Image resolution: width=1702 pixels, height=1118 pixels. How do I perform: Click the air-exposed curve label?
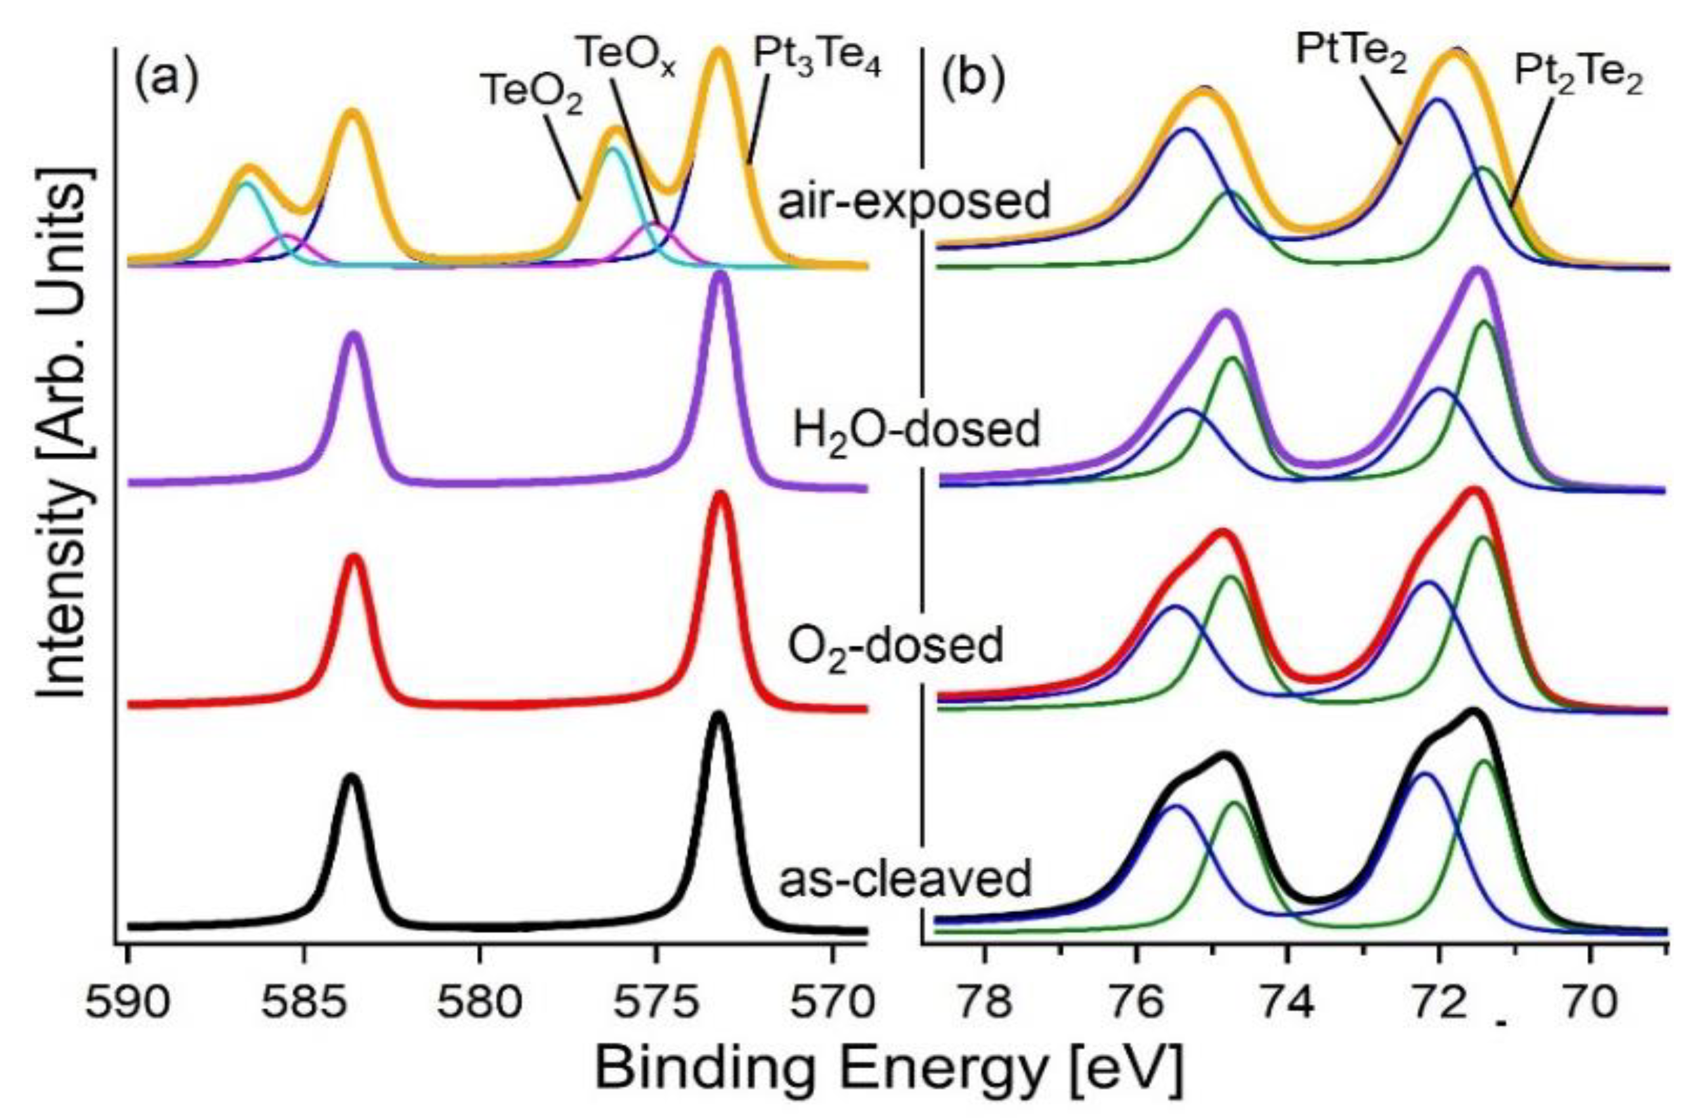[x=914, y=200]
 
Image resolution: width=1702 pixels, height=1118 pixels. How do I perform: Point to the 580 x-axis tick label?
[x=481, y=1004]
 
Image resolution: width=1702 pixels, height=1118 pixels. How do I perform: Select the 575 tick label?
[x=656, y=1004]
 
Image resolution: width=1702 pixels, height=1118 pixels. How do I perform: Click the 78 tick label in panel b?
[x=985, y=1004]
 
